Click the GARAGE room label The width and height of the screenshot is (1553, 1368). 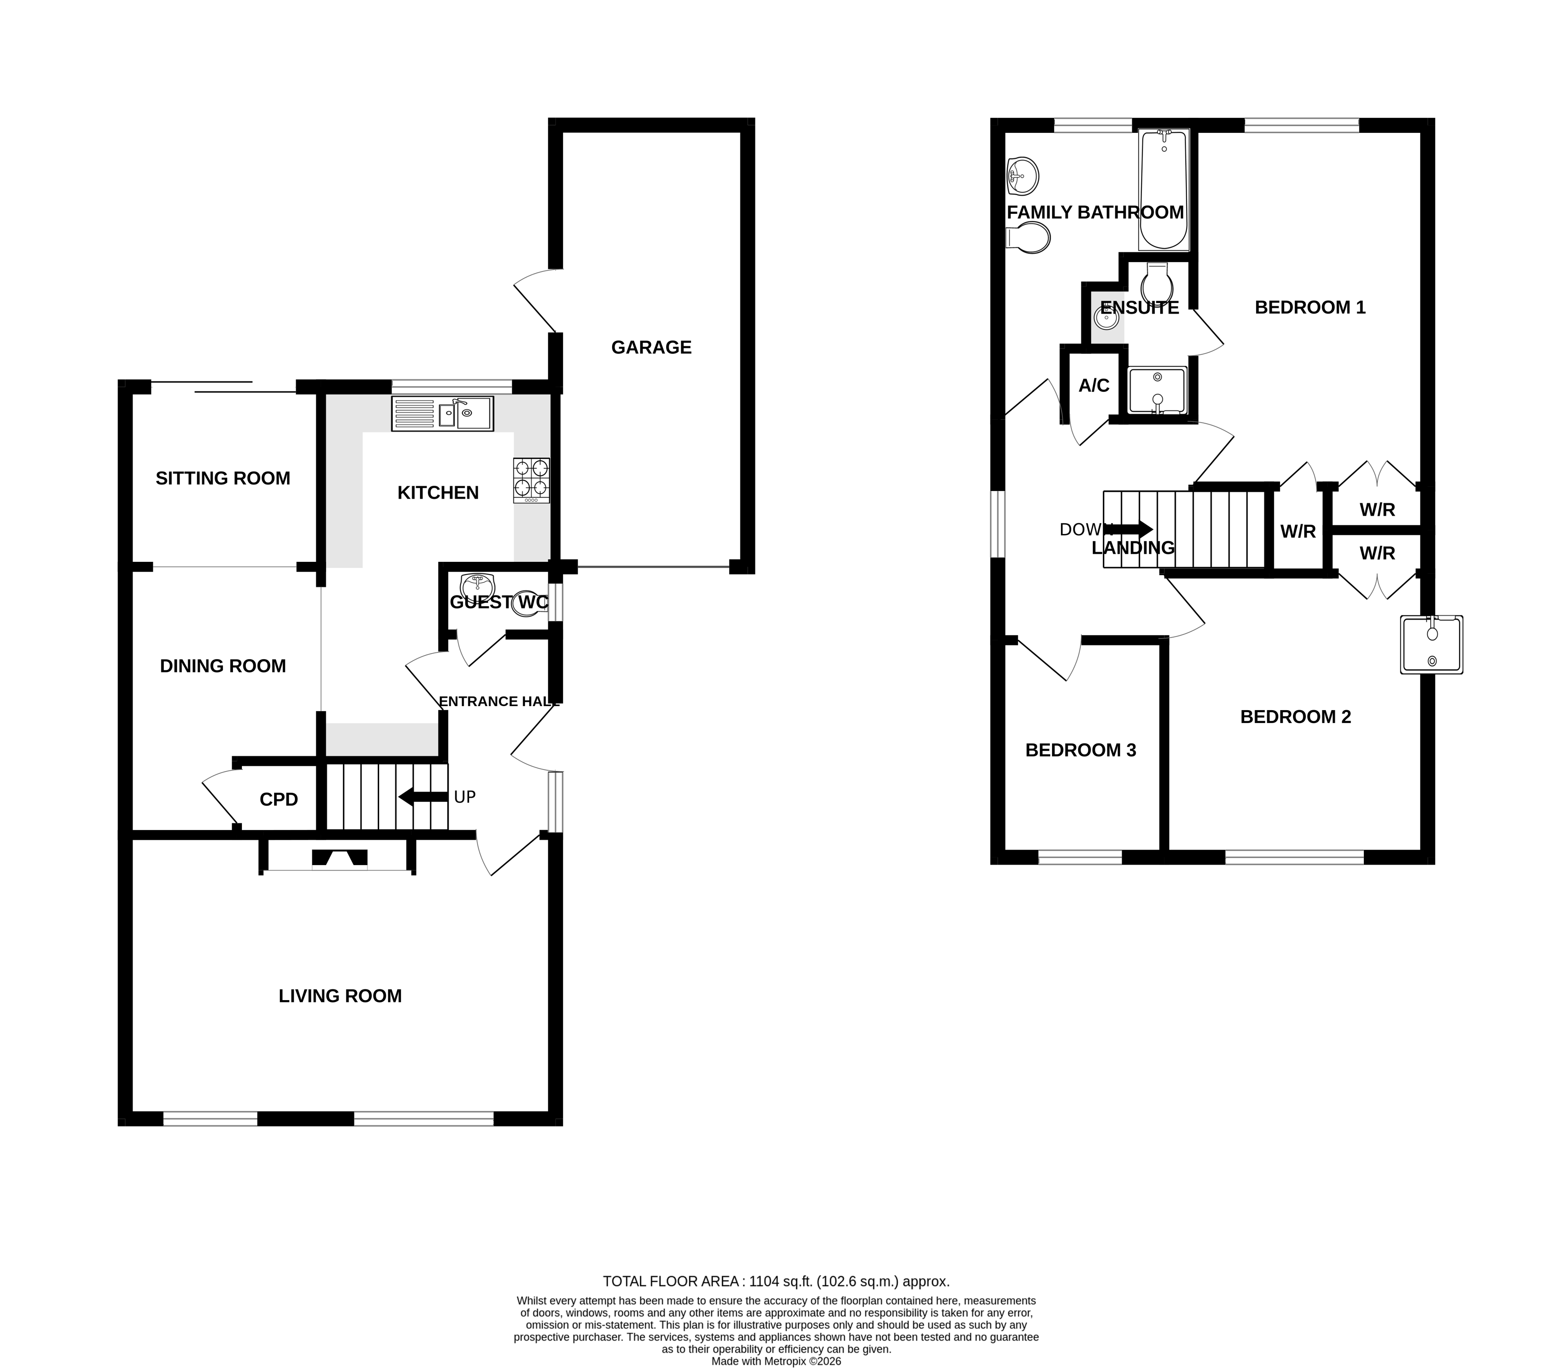click(651, 347)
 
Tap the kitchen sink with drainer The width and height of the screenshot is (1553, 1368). click(442, 414)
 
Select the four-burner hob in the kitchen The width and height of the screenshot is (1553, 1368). click(531, 480)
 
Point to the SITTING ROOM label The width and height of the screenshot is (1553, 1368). click(223, 478)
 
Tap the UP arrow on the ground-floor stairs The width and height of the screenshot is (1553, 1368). click(423, 797)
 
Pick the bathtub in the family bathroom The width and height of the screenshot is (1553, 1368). click(1163, 190)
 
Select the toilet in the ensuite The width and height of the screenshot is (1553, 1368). click(1157, 284)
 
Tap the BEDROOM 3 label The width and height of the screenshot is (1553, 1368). click(1080, 750)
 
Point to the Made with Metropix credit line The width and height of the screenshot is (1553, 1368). click(776, 1361)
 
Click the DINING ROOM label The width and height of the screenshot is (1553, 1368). click(223, 665)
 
